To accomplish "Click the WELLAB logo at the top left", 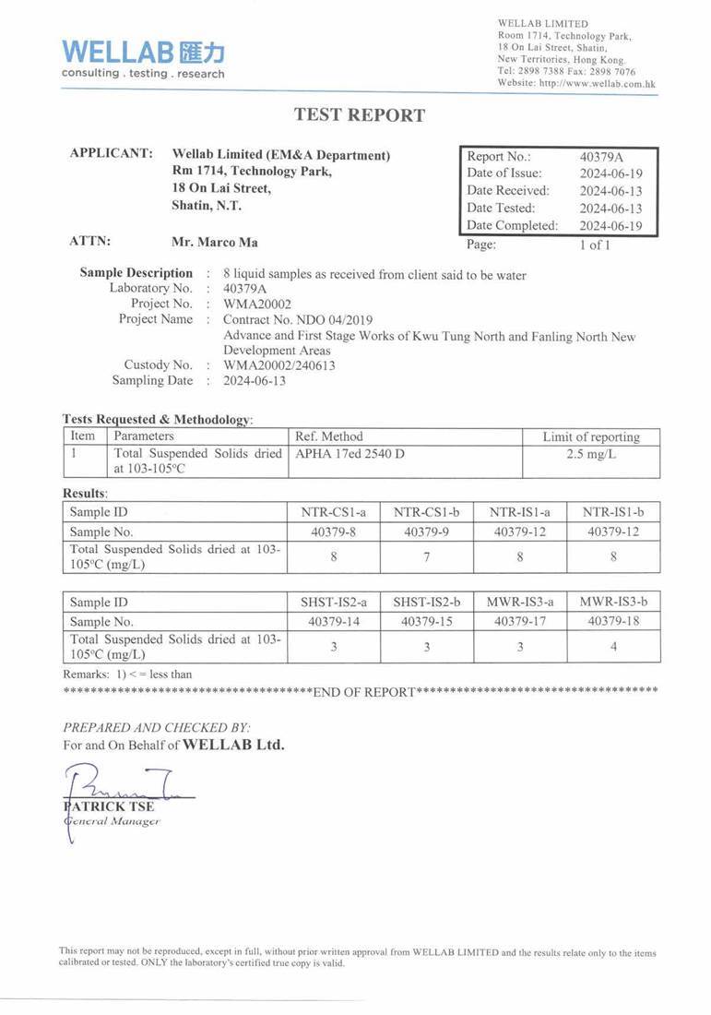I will [x=143, y=57].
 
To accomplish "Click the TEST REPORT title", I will [x=360, y=115].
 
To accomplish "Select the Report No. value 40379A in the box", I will [x=602, y=156].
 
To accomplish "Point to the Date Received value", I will [x=610, y=191].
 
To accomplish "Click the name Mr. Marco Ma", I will [x=215, y=243].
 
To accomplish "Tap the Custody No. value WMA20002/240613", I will [x=279, y=364].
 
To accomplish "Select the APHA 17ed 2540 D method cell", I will [x=350, y=454].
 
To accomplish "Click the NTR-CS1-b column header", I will [x=426, y=511].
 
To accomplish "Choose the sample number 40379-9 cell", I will [x=426, y=531].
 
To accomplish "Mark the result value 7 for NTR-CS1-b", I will [x=426, y=556].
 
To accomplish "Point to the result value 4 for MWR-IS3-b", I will [x=614, y=647].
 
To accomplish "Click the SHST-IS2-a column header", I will [x=333, y=602].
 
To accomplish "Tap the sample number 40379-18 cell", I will [x=614, y=622].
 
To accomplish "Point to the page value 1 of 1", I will [x=594, y=245].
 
